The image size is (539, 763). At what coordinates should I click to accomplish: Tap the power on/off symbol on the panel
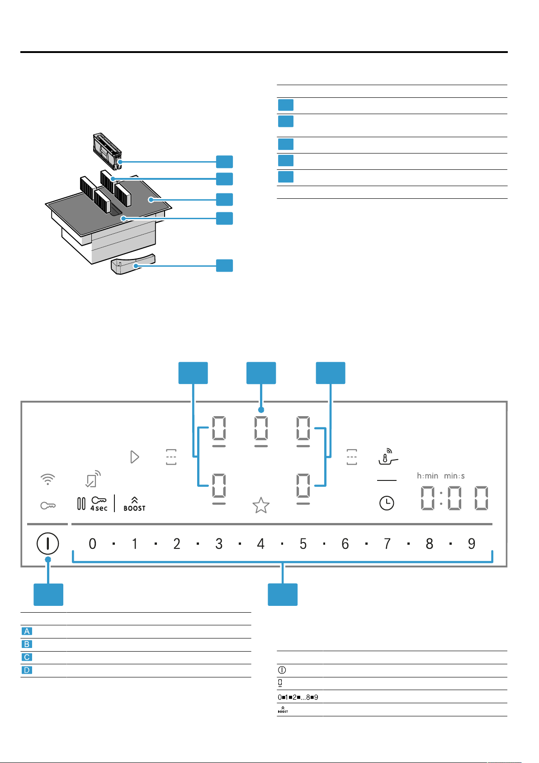[47, 543]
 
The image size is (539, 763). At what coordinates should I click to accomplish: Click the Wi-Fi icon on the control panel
[47, 480]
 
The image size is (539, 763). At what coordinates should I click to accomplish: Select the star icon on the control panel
[261, 505]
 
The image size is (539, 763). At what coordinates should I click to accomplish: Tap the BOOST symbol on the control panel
[134, 504]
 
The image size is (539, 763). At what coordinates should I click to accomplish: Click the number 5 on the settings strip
[303, 543]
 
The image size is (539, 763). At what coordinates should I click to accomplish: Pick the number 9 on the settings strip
[471, 543]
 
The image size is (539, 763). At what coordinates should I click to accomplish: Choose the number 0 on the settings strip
[92, 543]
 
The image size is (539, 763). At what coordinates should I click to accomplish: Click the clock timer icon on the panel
[386, 503]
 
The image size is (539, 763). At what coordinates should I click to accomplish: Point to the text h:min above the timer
[427, 476]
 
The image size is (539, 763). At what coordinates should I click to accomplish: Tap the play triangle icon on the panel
[134, 457]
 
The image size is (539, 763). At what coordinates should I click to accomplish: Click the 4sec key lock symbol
[99, 504]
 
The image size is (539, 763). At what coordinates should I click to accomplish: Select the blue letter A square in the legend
[27, 631]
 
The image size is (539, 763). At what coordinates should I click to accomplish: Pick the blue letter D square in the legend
[27, 670]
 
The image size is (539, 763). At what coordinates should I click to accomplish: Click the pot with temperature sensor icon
[388, 457]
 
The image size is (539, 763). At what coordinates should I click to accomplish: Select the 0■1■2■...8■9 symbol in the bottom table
[298, 697]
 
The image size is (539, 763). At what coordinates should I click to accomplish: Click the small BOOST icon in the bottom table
[283, 710]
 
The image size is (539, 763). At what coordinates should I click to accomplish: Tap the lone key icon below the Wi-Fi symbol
[47, 505]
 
